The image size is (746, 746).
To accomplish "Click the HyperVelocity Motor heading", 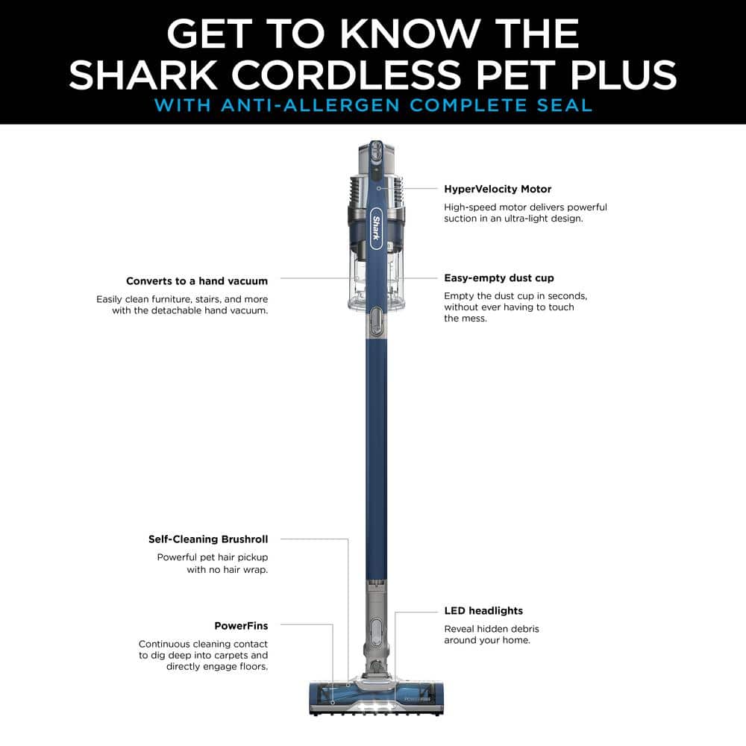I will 498,189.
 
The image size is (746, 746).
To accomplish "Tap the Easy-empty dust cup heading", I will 499,278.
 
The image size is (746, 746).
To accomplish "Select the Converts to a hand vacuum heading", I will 196,281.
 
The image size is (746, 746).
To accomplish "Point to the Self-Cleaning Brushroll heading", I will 207,539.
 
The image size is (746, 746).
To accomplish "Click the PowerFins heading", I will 240,626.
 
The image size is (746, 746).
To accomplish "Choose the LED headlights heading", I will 483,611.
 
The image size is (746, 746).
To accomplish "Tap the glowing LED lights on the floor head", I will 373,705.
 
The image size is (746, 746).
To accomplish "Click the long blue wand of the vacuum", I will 376,448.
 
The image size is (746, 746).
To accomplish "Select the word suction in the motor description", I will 463,219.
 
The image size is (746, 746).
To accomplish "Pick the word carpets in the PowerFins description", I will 226,655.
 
